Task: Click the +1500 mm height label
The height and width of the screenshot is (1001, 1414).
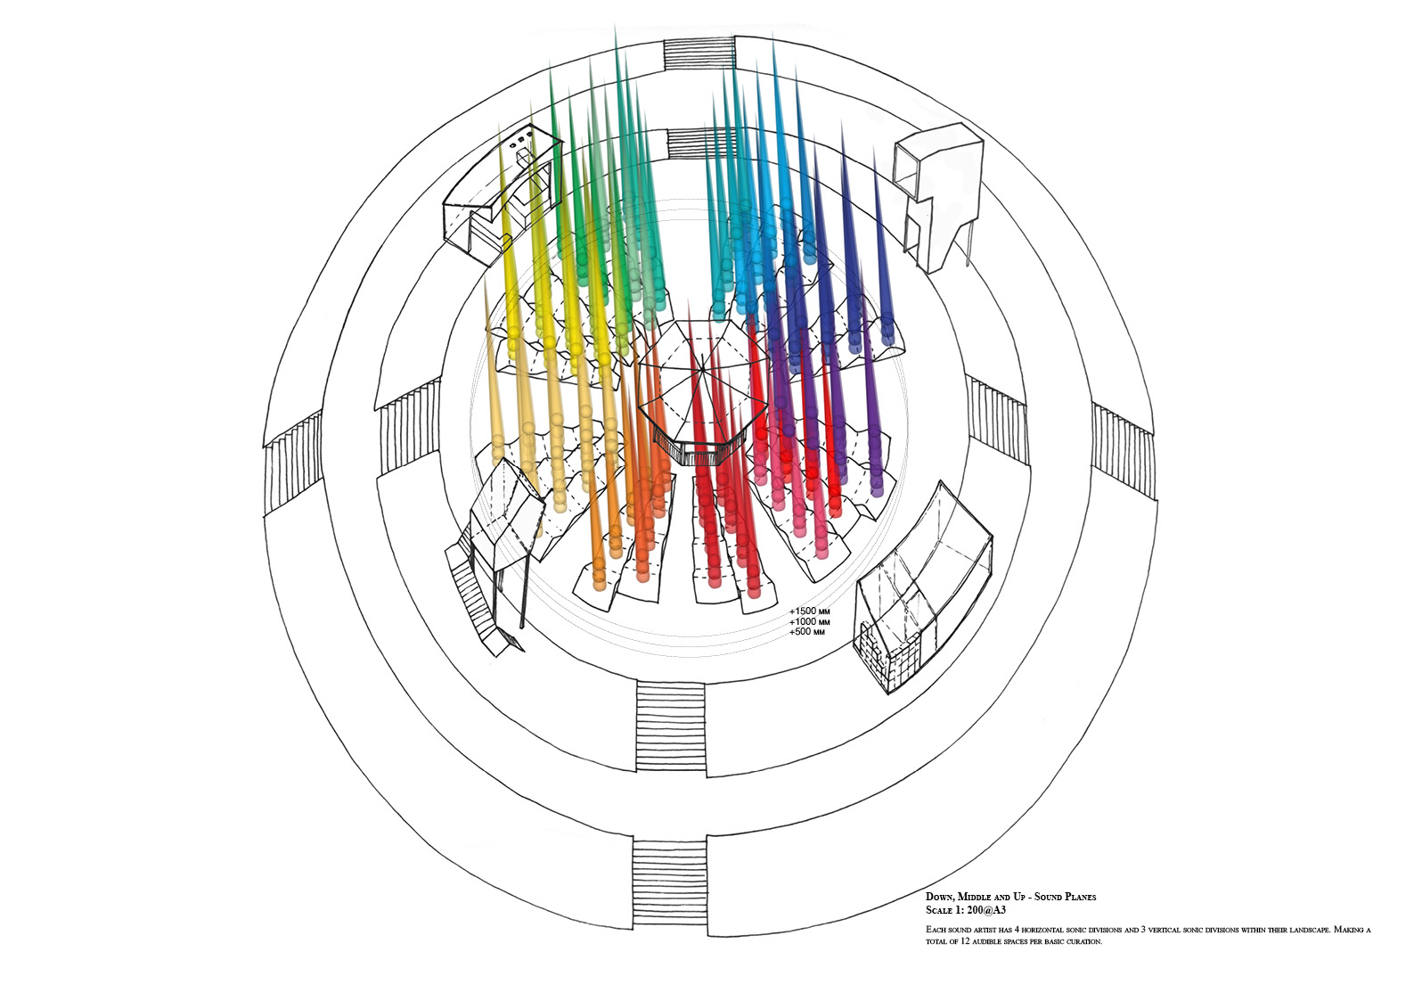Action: (809, 611)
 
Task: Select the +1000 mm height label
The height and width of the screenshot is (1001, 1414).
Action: (809, 622)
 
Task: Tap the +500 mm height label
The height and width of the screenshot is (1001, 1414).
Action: (806, 632)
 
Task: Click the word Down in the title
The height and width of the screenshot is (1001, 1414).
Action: (939, 897)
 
